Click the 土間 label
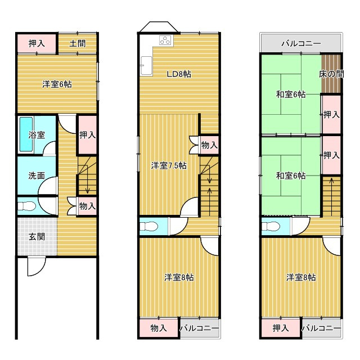pyautogui.click(x=78, y=43)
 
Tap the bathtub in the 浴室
pyautogui.click(x=26, y=134)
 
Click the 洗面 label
pyautogui.click(x=37, y=175)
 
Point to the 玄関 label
pyautogui.click(x=37, y=236)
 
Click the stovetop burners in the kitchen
pyautogui.click(x=165, y=40)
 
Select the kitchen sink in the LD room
pyautogui.click(x=146, y=65)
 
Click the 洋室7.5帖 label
pyautogui.click(x=169, y=165)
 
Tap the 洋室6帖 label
pyautogui.click(x=57, y=84)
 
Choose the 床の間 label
pyautogui.click(x=331, y=74)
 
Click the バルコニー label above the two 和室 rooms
pyautogui.click(x=301, y=43)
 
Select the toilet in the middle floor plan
pyautogui.click(x=149, y=227)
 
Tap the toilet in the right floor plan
pyautogui.click(x=271, y=227)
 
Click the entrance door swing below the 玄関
pyautogui.click(x=37, y=267)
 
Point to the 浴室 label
pyautogui.click(x=37, y=135)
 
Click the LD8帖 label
pyautogui.click(x=179, y=74)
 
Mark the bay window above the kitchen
pyautogui.click(x=159, y=27)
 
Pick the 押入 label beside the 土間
pyautogui.click(x=37, y=43)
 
